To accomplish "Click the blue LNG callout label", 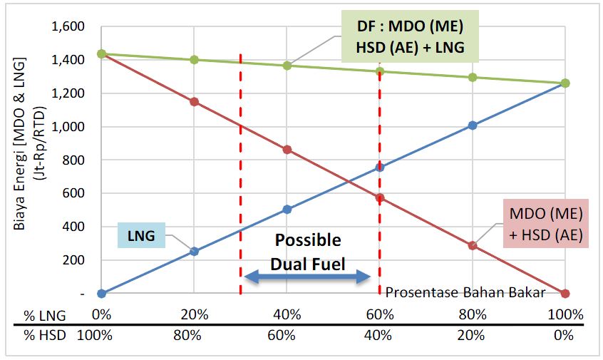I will [142, 235].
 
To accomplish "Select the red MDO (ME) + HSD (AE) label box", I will [546, 222].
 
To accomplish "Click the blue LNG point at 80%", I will [472, 125].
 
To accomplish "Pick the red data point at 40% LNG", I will [287, 150].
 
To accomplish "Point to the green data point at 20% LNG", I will [194, 60].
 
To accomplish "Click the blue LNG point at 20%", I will [194, 251].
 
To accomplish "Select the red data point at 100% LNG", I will [565, 293].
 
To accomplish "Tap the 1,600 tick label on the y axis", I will [68, 27].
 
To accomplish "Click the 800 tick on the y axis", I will [75, 160].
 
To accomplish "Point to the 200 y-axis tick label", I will [75, 260].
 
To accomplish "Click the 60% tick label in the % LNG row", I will [380, 314].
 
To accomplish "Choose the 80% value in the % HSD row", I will [194, 336].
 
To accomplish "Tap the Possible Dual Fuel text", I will [308, 252].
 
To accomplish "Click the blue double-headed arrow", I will [308, 278].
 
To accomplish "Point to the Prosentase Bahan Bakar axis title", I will [465, 292].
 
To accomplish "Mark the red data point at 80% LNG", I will [472, 245].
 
